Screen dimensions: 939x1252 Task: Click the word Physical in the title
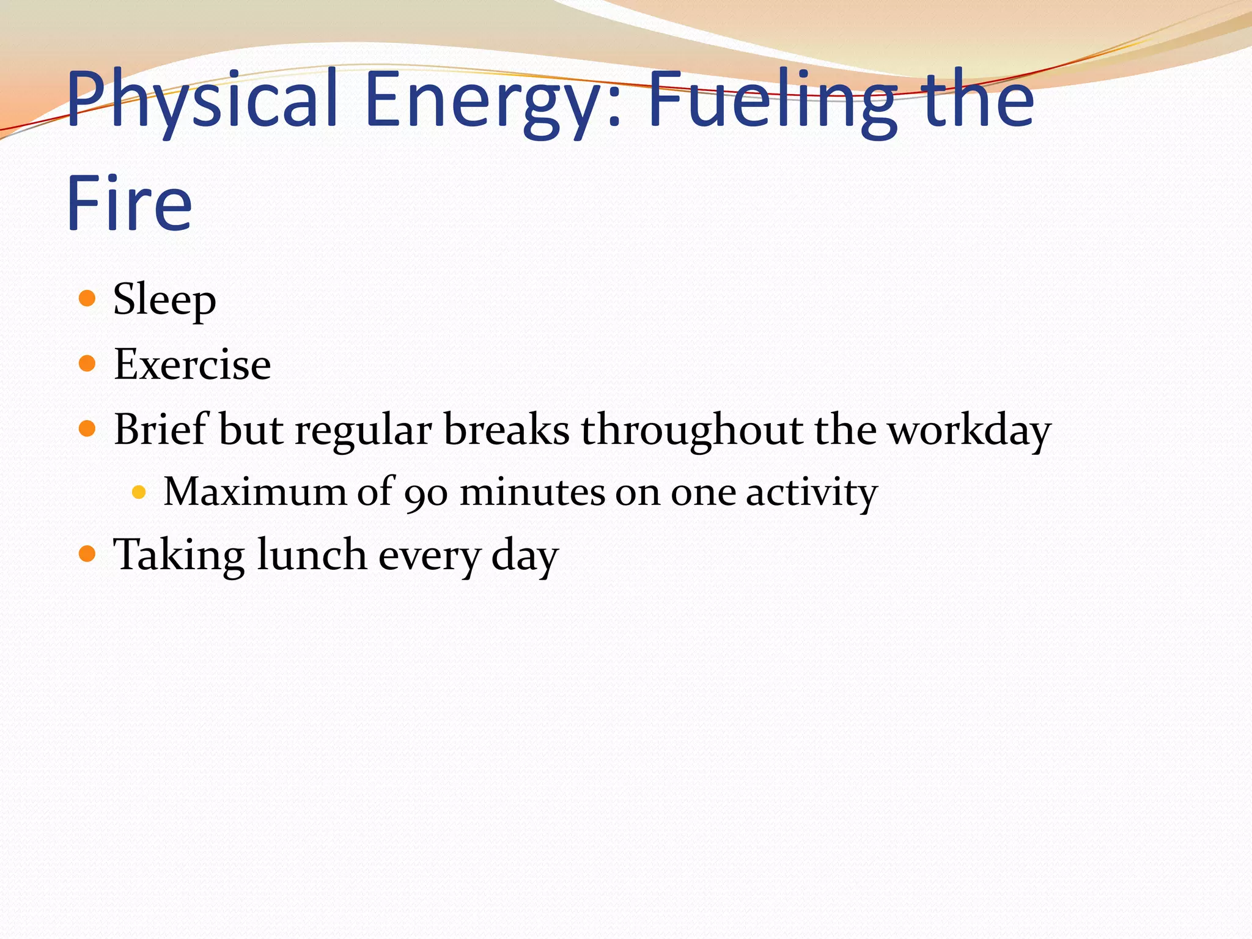[202, 101]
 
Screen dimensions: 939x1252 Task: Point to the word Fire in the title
[130, 203]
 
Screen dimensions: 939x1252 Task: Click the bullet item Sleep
[164, 300]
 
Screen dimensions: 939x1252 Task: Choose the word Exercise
[192, 364]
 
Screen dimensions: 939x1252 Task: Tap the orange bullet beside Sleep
[87, 298]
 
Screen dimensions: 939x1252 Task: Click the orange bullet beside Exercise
[87, 364]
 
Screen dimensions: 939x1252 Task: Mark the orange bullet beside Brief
[87, 429]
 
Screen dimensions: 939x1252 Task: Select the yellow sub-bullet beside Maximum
[139, 492]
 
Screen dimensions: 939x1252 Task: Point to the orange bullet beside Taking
[87, 554]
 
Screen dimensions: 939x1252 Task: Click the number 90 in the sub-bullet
[426, 493]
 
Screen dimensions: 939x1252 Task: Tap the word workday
[969, 430]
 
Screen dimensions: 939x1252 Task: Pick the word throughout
[691, 430]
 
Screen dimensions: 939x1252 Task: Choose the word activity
[812, 493]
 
